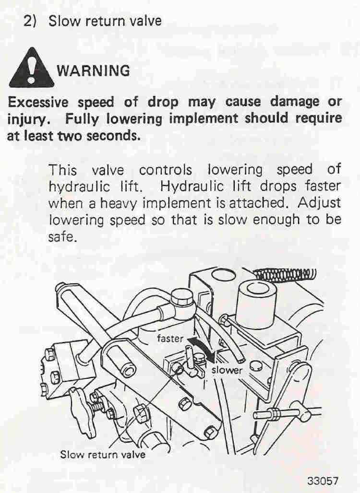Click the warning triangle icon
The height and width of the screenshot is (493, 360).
click(x=31, y=69)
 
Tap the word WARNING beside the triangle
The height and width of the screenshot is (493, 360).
click(x=94, y=71)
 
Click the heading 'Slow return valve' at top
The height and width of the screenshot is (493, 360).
click(x=105, y=21)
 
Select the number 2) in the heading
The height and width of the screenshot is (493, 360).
click(x=30, y=21)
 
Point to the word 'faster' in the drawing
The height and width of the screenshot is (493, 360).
click(x=170, y=338)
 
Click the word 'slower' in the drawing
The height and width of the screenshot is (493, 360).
click(x=227, y=370)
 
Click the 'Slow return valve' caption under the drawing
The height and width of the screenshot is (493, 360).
click(x=103, y=454)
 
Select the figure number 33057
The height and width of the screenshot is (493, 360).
click(x=323, y=481)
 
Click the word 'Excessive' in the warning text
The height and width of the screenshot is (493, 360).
click(x=38, y=103)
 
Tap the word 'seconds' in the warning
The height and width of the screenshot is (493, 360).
click(x=113, y=136)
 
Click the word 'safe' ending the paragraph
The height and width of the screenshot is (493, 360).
click(x=62, y=237)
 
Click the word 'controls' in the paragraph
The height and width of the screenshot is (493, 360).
click(x=165, y=170)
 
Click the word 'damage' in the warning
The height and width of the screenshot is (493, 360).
click(x=294, y=103)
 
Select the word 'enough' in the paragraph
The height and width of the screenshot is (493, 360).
click(x=276, y=220)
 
